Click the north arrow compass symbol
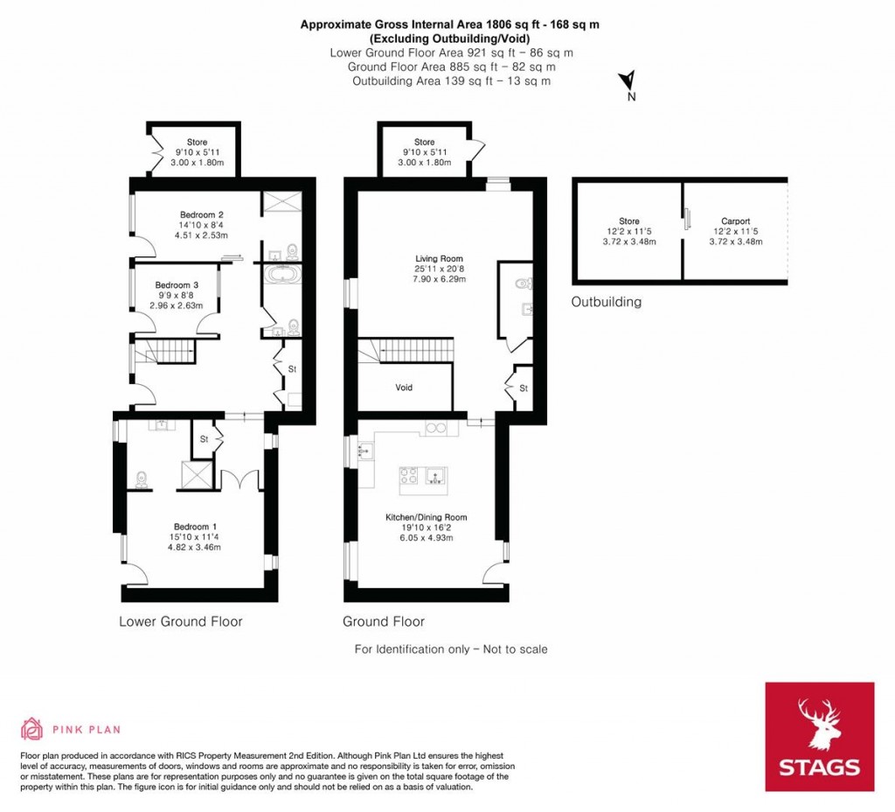628,80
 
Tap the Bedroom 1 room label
195,527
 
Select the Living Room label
439,258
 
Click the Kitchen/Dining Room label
427,517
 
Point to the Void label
404,388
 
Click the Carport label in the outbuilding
735,221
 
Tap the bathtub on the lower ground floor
282,274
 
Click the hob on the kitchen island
409,475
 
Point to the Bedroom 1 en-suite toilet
141,480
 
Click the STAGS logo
820,737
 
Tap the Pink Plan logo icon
32,729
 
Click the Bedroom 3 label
177,285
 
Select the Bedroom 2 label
202,215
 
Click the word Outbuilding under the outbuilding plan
607,302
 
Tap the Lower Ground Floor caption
180,622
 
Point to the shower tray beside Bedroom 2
281,202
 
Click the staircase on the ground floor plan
406,350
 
